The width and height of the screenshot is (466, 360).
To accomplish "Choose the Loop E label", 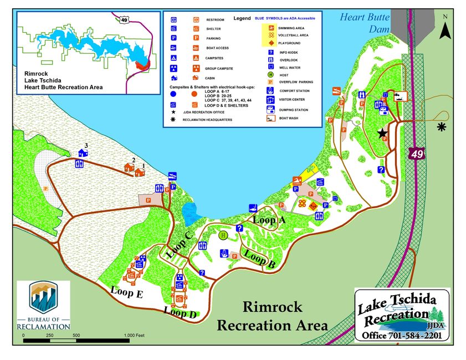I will click(x=126, y=291).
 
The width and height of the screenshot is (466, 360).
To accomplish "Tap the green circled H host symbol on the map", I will click(x=223, y=235).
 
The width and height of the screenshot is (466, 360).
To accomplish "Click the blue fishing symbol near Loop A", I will click(x=254, y=208).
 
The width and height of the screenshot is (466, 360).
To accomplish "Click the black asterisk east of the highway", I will click(x=442, y=127).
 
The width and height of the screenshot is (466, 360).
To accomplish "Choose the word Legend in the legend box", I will click(x=242, y=18).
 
